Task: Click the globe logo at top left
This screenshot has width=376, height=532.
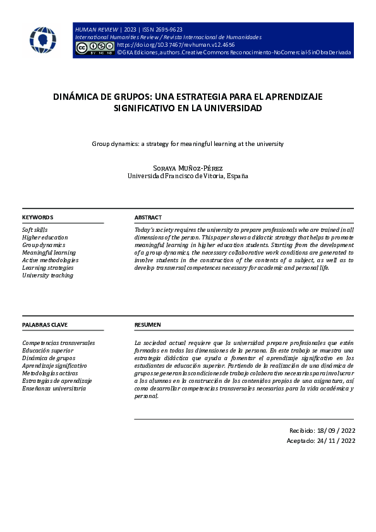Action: pyautogui.click(x=42, y=40)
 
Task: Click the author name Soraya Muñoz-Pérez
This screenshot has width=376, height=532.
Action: pyautogui.click(x=188, y=167)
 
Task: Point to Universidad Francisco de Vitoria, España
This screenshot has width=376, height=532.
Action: pyautogui.click(x=188, y=176)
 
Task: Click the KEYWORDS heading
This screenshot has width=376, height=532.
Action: pyautogui.click(x=37, y=217)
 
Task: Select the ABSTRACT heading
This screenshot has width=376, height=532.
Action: pyautogui.click(x=148, y=217)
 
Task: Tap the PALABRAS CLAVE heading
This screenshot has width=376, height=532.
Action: pyautogui.click(x=45, y=325)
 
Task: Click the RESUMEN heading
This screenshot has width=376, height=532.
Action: pyautogui.click(x=148, y=325)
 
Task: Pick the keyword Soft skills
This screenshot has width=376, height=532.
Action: pyautogui.click(x=35, y=229)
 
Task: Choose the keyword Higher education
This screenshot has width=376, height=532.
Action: pyautogui.click(x=45, y=237)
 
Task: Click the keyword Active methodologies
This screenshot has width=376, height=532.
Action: pyautogui.click(x=50, y=260)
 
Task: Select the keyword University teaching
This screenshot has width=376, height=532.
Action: pyautogui.click(x=47, y=275)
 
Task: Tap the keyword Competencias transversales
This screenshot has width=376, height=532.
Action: pyautogui.click(x=58, y=342)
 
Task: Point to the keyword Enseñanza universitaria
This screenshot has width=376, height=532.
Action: pyautogui.click(x=53, y=389)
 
